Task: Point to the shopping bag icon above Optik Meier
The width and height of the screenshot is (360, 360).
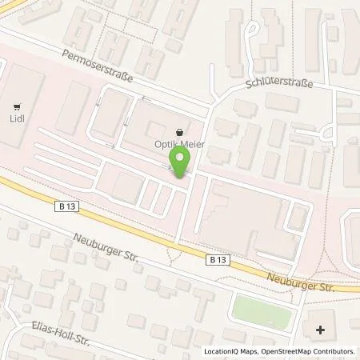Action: point(180,129)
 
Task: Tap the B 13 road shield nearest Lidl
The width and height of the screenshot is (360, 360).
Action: point(68,206)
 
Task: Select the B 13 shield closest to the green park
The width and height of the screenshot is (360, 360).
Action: point(218,260)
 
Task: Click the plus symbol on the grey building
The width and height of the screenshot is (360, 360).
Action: point(321,329)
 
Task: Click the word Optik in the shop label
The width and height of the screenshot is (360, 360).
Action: point(165,143)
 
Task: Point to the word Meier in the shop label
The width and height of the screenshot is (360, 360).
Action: point(190,143)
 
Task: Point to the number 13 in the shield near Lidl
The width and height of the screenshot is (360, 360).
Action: point(72,206)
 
